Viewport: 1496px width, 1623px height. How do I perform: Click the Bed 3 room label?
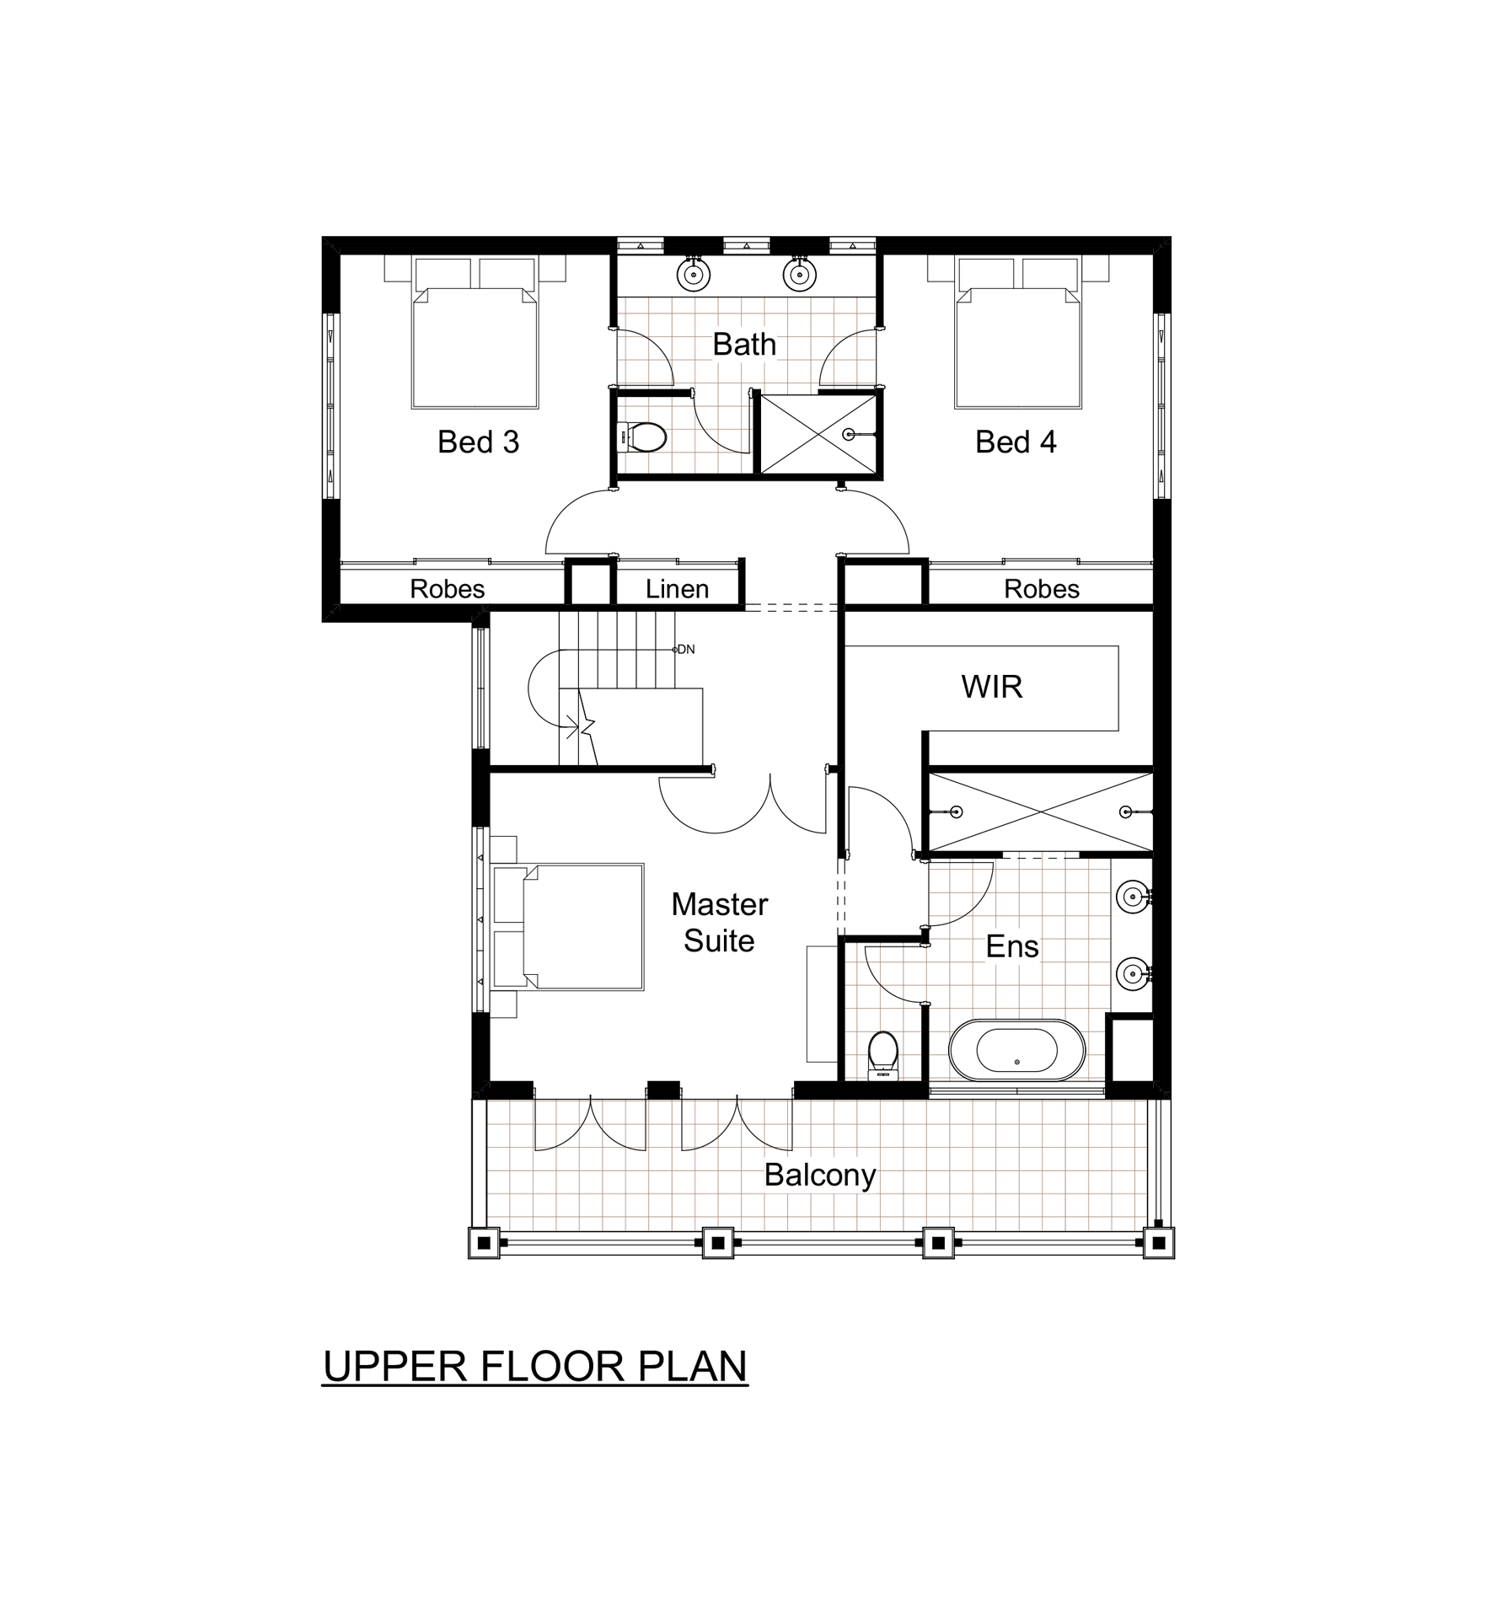[478, 442]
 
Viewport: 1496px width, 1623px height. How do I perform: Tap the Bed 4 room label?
[1015, 442]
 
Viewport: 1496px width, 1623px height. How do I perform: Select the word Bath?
[743, 345]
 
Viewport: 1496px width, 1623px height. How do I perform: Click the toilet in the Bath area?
[644, 437]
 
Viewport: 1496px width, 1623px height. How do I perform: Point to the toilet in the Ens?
[882, 1054]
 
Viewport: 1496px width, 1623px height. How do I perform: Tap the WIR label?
[991, 688]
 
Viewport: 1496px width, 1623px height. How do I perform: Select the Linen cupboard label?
[677, 589]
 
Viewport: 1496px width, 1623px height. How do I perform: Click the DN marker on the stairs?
[686, 650]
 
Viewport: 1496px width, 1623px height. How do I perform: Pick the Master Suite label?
[719, 923]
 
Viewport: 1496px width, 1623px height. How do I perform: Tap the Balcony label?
[819, 1176]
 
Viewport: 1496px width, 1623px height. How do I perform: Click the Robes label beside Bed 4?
[1041, 589]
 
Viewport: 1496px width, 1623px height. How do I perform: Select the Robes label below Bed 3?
[447, 589]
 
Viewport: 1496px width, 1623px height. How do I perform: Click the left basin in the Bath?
[694, 274]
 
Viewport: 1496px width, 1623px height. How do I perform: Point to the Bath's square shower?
[818, 435]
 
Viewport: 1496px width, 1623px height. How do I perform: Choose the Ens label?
[1011, 947]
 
